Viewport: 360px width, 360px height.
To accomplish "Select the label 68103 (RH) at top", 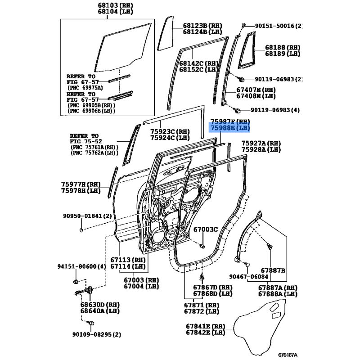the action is tap(115, 5).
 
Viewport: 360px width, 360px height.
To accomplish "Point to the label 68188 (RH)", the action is tap(283, 47).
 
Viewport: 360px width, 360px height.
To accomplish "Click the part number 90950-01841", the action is tap(81, 216).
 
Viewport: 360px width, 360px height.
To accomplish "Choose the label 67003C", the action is tap(206, 229).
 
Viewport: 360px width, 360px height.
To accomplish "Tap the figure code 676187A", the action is tap(288, 355).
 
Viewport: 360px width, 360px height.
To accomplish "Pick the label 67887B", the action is tap(273, 270).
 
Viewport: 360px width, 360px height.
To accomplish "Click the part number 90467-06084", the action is tap(249, 277).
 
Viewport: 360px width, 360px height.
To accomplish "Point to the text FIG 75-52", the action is tap(86, 141).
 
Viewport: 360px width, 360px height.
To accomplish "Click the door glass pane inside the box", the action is tap(123, 47).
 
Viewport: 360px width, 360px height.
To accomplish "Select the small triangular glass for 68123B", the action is tap(166, 33).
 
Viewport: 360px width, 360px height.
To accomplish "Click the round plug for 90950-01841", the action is tap(81, 230).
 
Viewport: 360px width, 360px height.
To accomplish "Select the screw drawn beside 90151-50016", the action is tap(243, 24).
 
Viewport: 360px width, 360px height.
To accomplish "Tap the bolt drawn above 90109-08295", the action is tap(91, 323).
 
